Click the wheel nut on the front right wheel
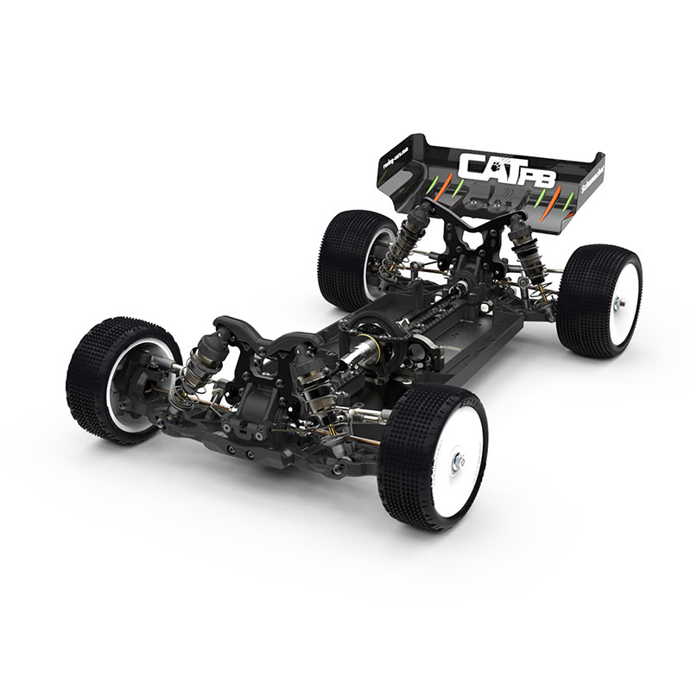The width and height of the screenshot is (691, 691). [459, 461]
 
